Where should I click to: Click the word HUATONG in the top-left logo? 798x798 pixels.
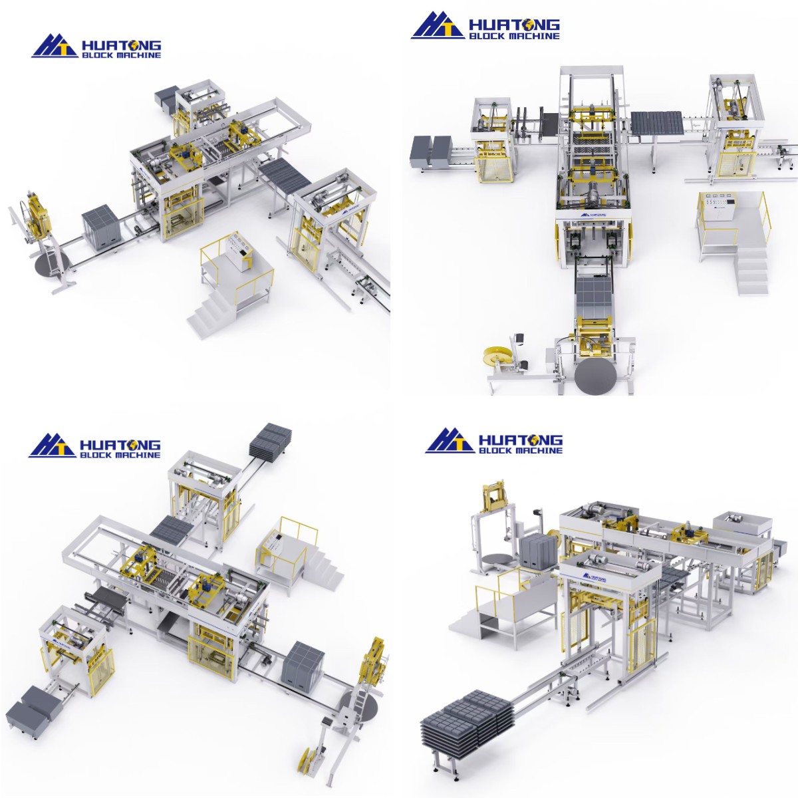(120, 45)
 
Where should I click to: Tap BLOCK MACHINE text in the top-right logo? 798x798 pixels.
(514, 36)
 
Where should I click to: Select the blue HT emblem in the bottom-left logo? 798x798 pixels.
(52, 445)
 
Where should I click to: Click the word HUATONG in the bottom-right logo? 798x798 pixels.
(520, 440)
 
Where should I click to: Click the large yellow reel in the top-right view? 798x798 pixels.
(497, 359)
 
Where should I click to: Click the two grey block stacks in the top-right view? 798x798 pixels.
(432, 151)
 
